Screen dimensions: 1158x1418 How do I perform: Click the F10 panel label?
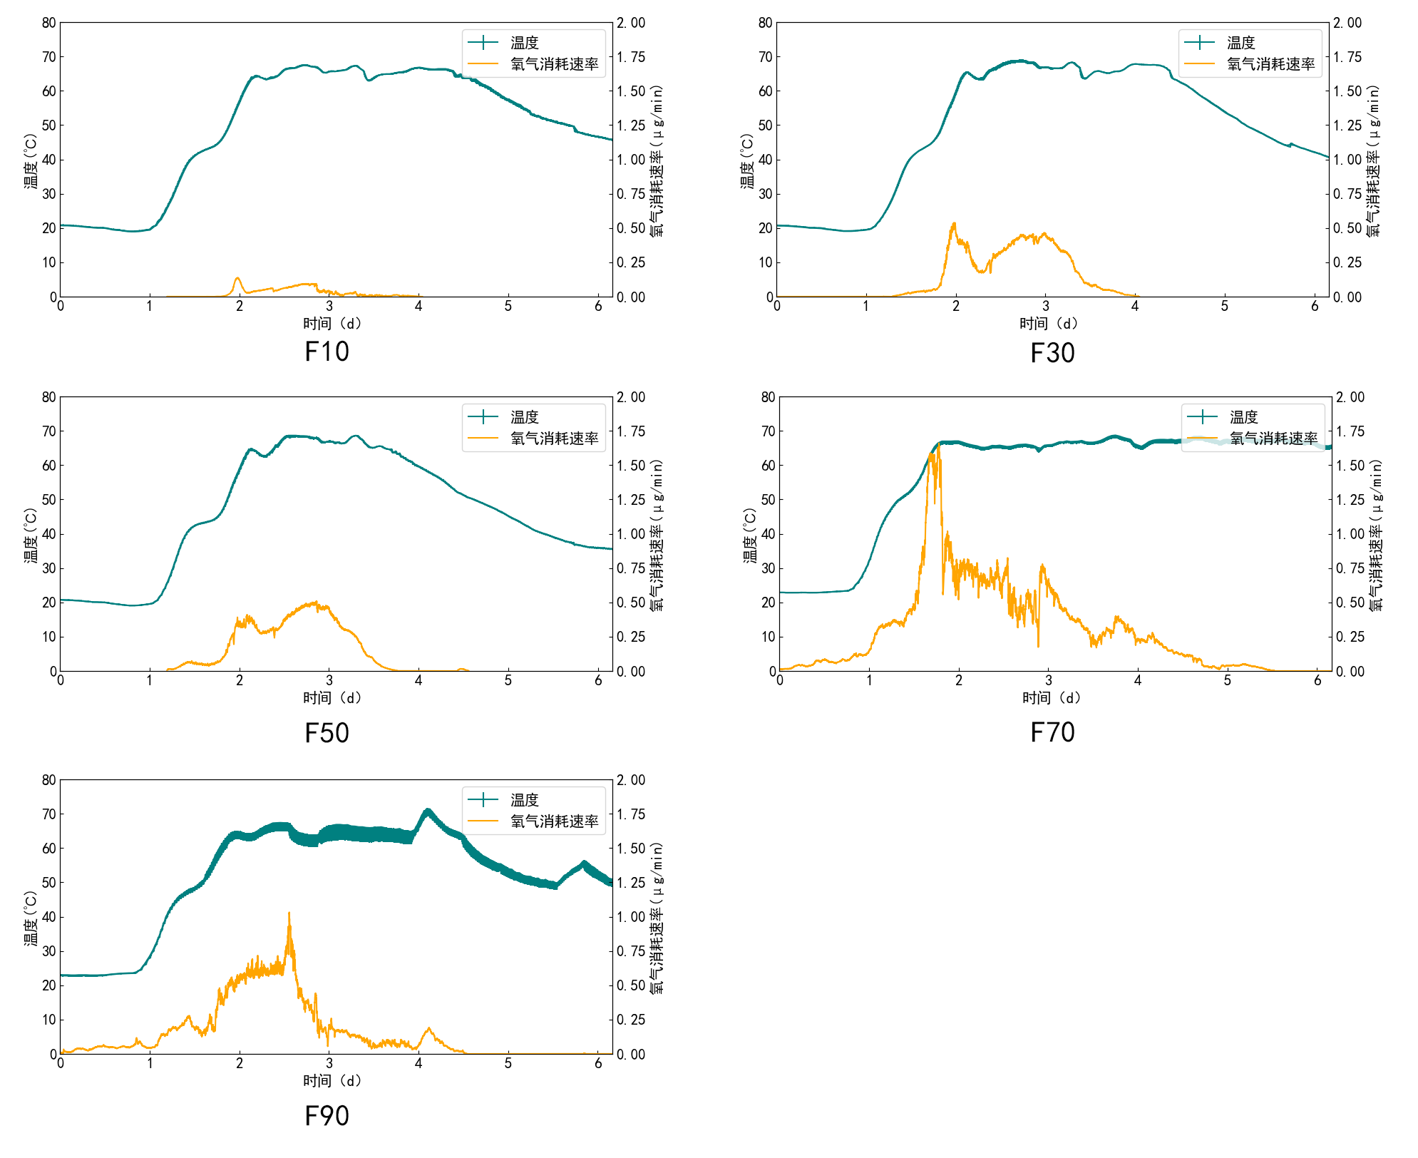pos(327,352)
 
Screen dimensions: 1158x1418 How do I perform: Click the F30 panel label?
pos(1052,353)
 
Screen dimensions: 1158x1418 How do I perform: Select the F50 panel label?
pos(327,733)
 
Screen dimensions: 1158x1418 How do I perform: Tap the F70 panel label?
pos(1052,732)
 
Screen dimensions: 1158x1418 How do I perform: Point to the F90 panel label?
pos(327,1116)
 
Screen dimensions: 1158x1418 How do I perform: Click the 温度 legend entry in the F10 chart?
pos(524,43)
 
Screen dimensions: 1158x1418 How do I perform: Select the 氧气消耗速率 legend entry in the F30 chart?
pos(1270,64)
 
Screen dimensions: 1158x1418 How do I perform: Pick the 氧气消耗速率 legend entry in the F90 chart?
pos(554,821)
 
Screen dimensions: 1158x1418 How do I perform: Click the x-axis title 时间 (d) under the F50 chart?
pos(332,697)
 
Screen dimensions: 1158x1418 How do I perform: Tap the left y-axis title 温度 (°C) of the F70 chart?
pos(749,535)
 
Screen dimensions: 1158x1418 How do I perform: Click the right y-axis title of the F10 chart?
pos(657,160)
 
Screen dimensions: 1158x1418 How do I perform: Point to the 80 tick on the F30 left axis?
pos(765,23)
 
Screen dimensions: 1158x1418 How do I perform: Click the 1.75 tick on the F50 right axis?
pos(632,431)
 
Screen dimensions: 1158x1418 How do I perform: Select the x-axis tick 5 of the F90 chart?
pos(508,1063)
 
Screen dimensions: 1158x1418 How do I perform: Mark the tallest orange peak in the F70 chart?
pos(938,444)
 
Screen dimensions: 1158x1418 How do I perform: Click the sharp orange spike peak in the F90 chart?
pos(289,913)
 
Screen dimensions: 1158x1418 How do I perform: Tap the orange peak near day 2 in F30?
pos(954,224)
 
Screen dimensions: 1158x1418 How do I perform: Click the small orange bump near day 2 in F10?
pos(237,278)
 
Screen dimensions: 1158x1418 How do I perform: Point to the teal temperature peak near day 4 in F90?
pos(428,811)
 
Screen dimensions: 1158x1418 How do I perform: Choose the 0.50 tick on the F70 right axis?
pos(1350,603)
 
